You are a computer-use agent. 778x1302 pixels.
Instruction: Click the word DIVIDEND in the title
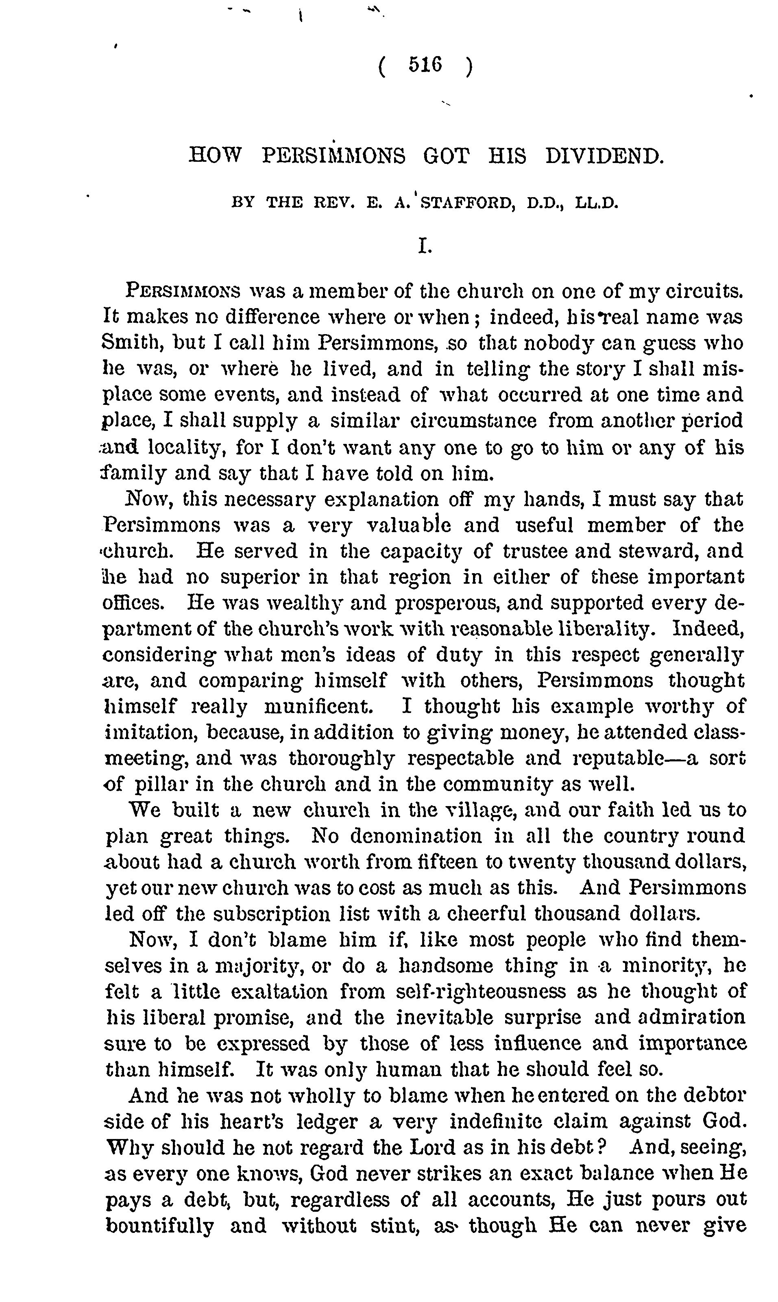point(604,156)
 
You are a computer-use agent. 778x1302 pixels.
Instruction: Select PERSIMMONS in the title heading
point(333,156)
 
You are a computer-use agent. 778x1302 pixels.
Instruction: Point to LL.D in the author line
point(597,203)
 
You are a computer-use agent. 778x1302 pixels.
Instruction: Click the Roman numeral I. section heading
point(425,246)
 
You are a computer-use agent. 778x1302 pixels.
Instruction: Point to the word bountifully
point(160,1226)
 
